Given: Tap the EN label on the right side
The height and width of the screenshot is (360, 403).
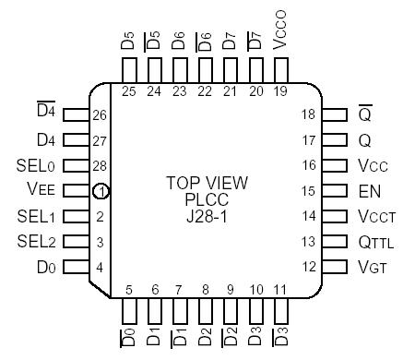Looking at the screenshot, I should point(365,192).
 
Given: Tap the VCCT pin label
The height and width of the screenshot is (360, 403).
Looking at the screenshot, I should point(373,218).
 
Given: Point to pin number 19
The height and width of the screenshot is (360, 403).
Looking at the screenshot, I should point(280,90).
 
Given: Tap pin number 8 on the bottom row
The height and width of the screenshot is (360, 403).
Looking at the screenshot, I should point(205,289).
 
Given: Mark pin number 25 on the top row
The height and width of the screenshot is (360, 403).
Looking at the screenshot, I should point(128,90).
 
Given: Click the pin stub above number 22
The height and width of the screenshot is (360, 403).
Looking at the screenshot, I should point(205,69).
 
